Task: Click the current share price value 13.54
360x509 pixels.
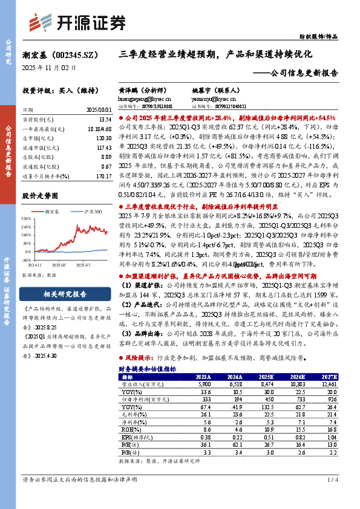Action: (103, 120)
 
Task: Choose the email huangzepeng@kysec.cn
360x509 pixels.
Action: (145, 97)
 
